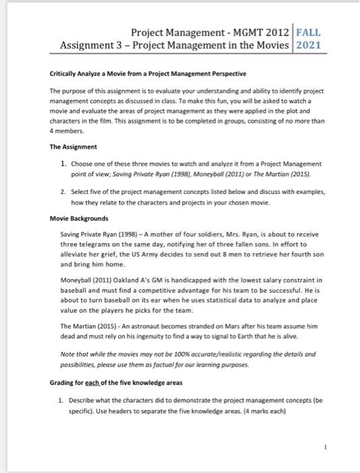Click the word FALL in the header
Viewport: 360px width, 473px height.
click(309, 32)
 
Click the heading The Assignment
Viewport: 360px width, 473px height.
click(74, 147)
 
